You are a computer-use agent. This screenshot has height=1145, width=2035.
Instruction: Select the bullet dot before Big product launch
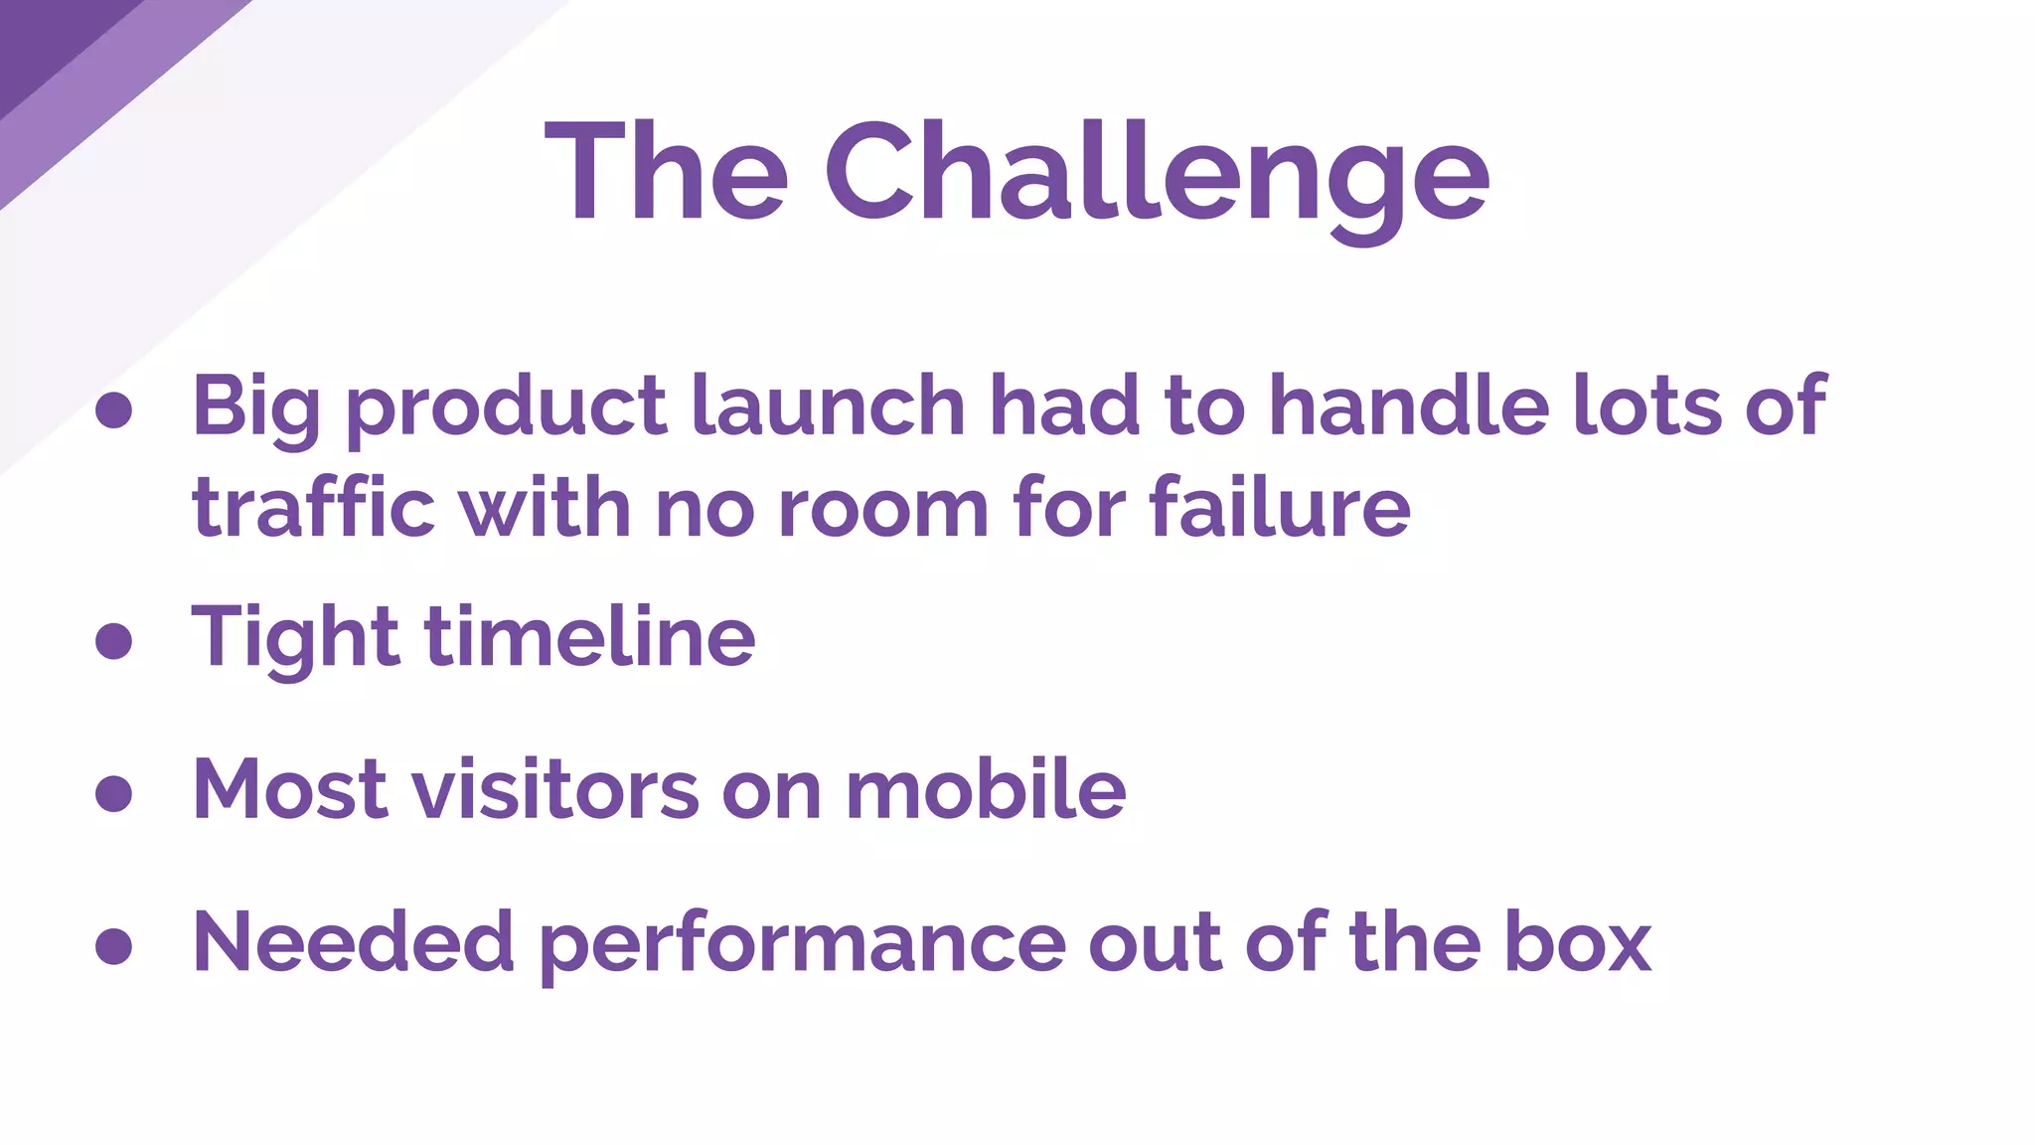114,409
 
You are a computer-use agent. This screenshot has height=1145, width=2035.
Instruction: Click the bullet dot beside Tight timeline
114,640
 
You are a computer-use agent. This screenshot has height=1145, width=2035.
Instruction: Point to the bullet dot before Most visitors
114,793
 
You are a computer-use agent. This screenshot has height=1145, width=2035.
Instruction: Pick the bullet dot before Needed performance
114,946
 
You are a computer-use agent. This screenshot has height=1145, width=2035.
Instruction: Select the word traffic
314,507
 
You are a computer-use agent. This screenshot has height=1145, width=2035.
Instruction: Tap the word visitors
555,789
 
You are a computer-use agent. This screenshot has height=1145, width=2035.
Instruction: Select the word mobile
986,789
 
